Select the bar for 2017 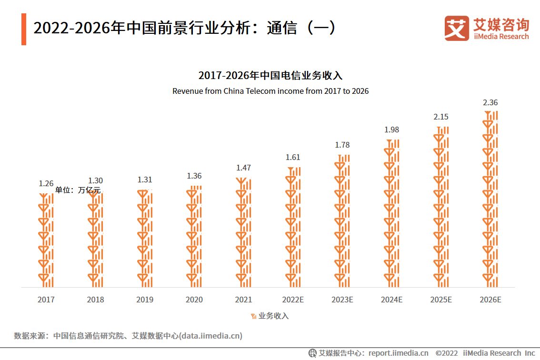click(46, 240)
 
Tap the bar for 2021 click(243, 233)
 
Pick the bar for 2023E click(342, 221)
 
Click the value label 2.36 click(490, 102)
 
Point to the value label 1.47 click(243, 168)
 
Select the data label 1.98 click(391, 130)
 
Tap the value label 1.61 click(293, 157)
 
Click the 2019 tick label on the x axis click(145, 300)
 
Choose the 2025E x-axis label click(441, 300)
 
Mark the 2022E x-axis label click(293, 300)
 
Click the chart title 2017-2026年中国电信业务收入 click(270, 76)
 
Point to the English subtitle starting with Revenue click(270, 91)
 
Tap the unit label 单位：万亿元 click(78, 190)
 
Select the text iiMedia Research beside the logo click(501, 37)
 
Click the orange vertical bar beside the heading click(24, 30)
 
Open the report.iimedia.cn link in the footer click(398, 353)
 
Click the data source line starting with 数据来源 click(128, 336)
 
